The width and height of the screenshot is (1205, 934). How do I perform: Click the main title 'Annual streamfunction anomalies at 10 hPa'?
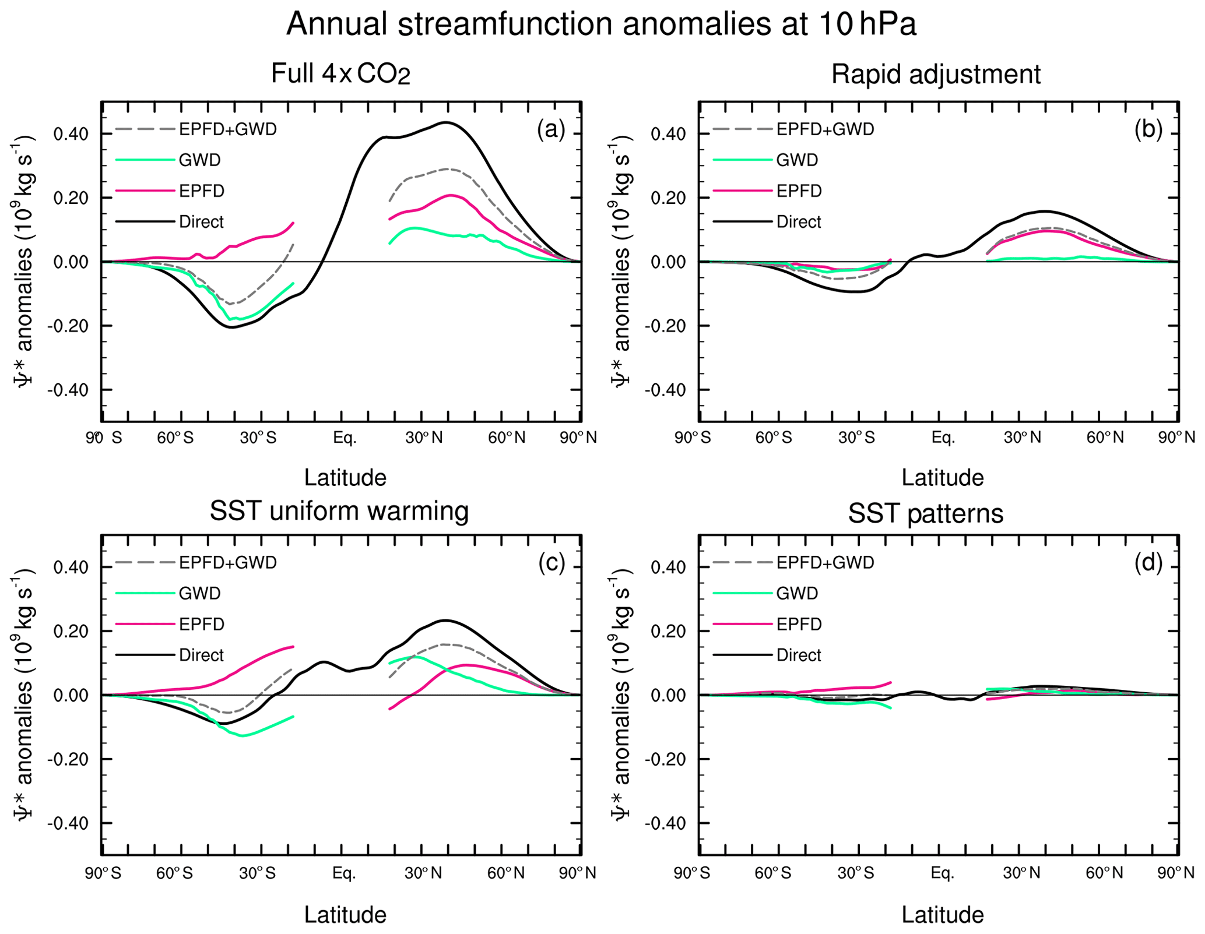coord(601,24)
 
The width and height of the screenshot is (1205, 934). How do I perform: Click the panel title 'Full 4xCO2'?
coord(340,75)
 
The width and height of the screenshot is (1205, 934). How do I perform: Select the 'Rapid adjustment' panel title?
coord(936,75)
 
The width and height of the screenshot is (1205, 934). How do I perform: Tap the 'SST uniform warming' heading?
coord(339,511)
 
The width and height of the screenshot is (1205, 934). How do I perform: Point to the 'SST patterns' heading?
coord(926,513)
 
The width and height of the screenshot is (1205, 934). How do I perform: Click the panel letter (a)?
coord(551,129)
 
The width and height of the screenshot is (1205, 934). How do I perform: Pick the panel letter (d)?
coord(1148,563)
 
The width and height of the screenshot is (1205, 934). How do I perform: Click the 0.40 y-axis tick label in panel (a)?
coord(71,134)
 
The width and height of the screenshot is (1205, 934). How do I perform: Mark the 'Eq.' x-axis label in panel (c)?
coord(344,873)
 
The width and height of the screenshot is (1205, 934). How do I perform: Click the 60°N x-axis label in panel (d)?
coord(1104,873)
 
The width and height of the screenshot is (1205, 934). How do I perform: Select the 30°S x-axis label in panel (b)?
coord(856,438)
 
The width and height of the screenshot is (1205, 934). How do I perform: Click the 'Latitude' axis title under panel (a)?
coord(345,478)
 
